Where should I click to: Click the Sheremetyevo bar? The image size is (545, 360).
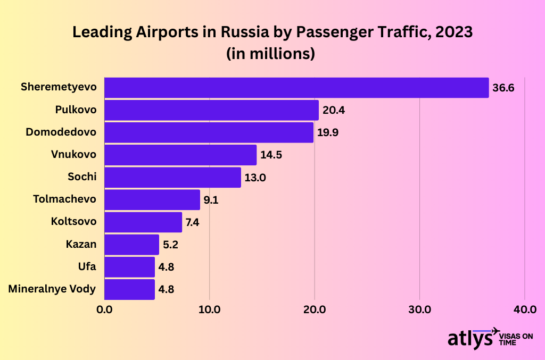click(296, 88)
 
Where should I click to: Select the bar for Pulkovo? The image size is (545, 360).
click(211, 110)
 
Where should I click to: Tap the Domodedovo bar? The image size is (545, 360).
click(209, 132)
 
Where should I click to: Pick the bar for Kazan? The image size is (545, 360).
click(131, 245)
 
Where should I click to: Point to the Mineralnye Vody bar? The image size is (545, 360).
click(129, 289)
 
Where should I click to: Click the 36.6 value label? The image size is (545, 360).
click(503, 88)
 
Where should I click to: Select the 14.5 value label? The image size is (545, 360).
click(271, 155)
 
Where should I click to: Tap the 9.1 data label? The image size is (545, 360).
click(211, 200)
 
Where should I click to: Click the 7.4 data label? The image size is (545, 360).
click(193, 223)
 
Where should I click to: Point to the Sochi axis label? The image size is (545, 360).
click(82, 177)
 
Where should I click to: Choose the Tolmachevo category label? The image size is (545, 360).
click(64, 199)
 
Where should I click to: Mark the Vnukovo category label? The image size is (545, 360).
click(74, 155)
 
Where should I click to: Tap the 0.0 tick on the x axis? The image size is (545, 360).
click(104, 309)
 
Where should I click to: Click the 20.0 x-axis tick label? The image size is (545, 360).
click(315, 309)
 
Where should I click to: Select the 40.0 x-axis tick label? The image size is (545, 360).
click(525, 309)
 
